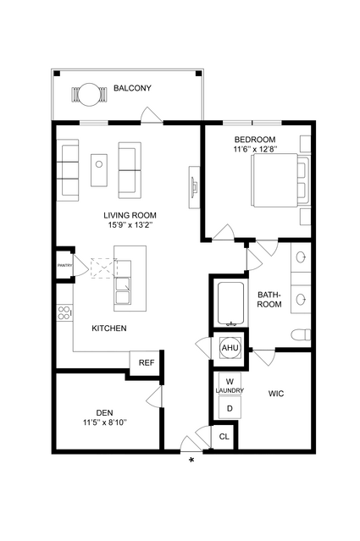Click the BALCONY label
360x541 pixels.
click(132, 88)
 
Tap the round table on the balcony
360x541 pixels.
click(90, 94)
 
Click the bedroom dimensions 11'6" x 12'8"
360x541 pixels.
click(256, 149)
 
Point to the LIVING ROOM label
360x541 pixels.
click(130, 215)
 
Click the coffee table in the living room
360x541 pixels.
click(99, 170)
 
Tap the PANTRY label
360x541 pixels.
click(65, 265)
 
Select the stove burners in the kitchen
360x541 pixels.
click(64, 313)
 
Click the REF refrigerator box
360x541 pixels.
click(147, 363)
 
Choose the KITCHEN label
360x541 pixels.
click(109, 328)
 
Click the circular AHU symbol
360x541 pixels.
click(230, 348)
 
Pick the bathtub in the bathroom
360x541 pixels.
click(231, 304)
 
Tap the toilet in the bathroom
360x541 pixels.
click(301, 334)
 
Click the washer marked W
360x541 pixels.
click(230, 381)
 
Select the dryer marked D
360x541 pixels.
click(230, 408)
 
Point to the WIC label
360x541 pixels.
click(276, 394)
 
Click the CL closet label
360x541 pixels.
click(224, 437)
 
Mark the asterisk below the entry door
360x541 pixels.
click(191, 461)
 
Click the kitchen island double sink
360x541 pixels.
click(123, 282)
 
